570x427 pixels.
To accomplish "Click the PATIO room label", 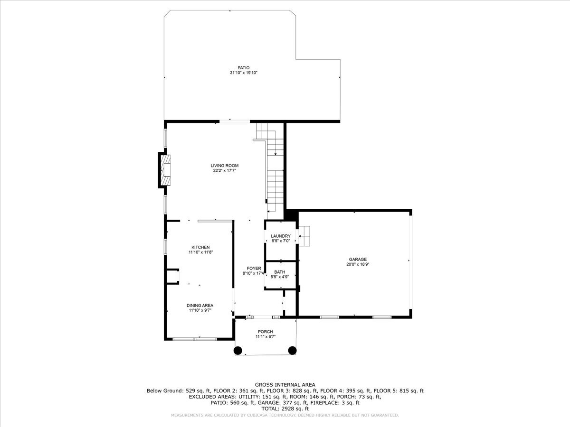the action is click(x=243, y=68).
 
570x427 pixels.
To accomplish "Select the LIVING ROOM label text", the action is click(x=224, y=166).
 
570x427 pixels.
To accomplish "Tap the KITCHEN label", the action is click(x=200, y=247).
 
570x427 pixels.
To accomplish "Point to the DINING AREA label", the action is click(x=199, y=306).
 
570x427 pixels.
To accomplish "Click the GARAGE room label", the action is click(x=358, y=260).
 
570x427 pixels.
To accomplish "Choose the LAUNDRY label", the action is click(x=280, y=236).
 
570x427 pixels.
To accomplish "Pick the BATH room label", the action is click(x=279, y=272).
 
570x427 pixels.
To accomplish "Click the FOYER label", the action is click(x=254, y=269).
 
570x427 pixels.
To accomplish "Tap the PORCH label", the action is click(x=265, y=332).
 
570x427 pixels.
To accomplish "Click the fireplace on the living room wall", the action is click(x=165, y=170).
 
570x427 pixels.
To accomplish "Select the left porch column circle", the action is click(x=237, y=351).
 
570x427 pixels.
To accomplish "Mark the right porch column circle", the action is click(x=292, y=351).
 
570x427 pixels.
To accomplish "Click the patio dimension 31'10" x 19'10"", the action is click(x=243, y=73).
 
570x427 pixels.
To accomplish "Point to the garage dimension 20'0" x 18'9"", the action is click(x=358, y=264).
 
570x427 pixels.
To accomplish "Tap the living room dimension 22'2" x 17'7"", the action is click(x=224, y=171).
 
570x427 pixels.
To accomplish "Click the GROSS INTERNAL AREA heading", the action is click(x=285, y=385).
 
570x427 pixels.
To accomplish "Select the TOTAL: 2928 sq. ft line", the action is click(x=285, y=409).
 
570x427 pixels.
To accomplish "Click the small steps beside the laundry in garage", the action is click(x=304, y=236).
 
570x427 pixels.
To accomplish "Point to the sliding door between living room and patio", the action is click(x=235, y=121).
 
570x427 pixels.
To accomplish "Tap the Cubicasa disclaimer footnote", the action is click(x=285, y=415).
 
